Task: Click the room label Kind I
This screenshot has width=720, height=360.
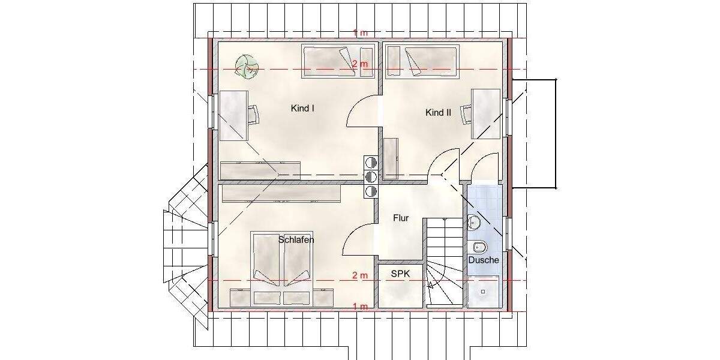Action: pos(303,109)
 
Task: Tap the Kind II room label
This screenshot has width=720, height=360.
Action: pos(438,112)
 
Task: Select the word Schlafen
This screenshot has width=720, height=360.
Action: pos(296,239)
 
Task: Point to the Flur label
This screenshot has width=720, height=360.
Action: pos(401,218)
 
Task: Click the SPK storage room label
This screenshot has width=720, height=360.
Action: pos(400,273)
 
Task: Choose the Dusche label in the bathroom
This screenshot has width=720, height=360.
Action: pos(483,260)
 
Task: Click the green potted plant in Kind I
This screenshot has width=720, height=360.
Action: pos(246,67)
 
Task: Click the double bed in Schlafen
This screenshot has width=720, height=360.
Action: pos(281,259)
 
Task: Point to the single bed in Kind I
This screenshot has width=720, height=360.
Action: pos(338,62)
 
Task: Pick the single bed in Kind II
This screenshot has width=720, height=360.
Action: pos(421,62)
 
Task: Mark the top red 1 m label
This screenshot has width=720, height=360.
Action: pos(360,33)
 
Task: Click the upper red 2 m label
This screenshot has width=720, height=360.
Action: pos(360,64)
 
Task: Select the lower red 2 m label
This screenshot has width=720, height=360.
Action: pos(359,275)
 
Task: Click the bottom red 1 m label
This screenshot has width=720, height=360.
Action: pos(360,307)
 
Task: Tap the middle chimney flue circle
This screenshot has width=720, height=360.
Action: pos(370,176)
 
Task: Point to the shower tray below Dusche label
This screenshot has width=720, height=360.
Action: pos(482,292)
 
